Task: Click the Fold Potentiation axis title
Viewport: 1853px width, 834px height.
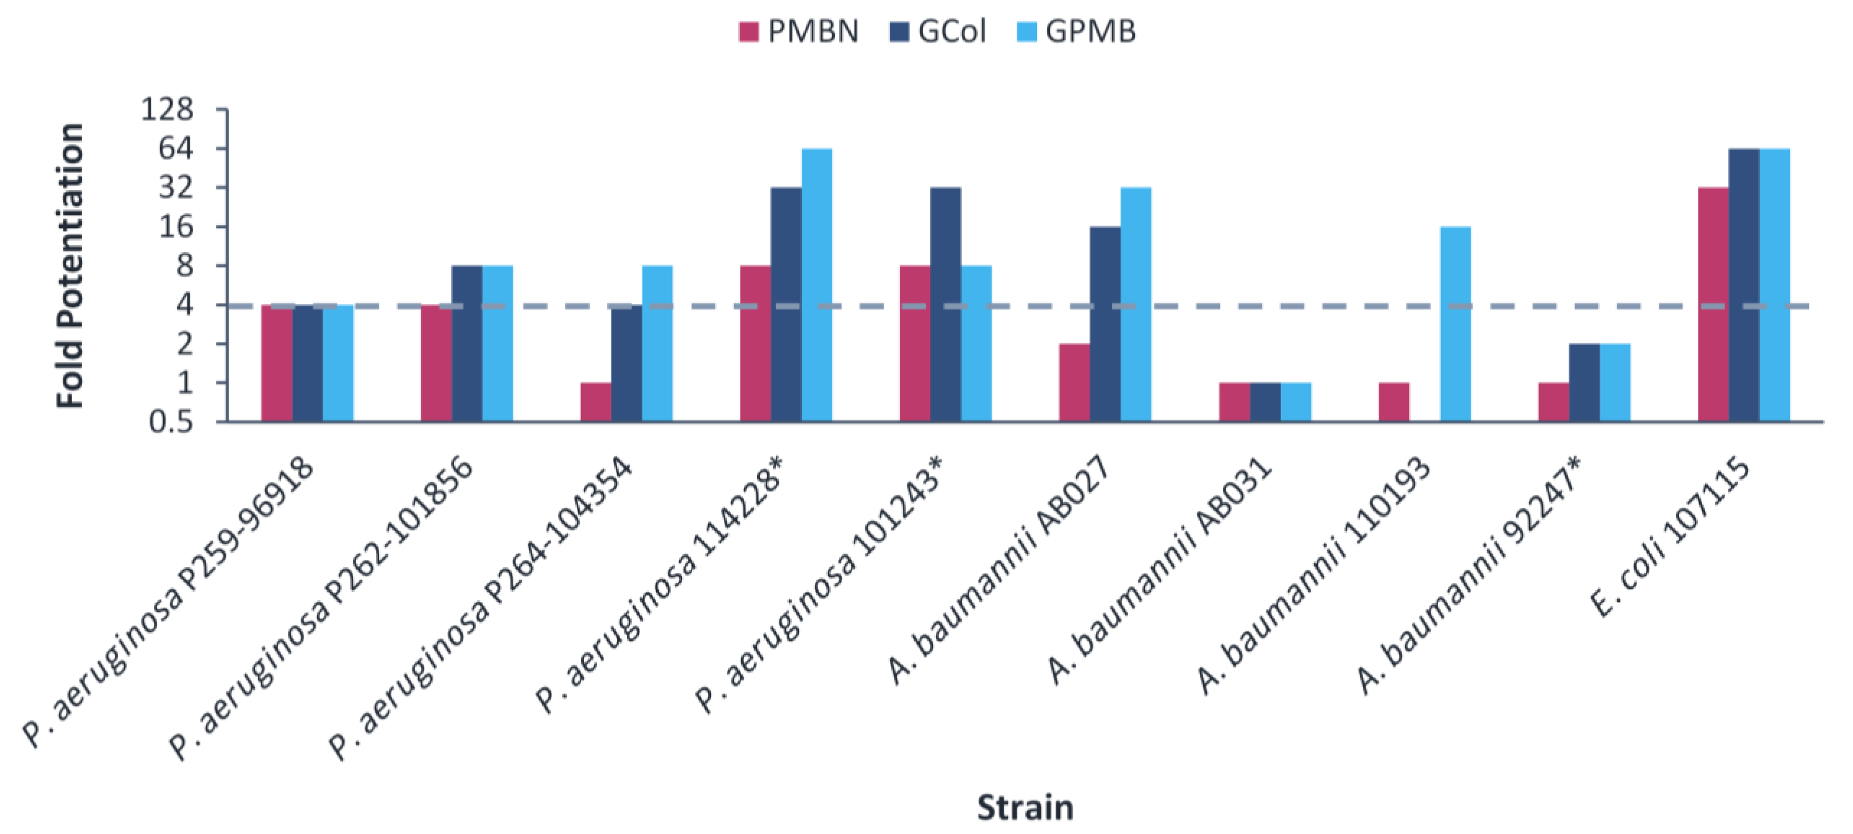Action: (x=71, y=266)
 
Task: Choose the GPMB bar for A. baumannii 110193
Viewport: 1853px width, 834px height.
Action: (x=1455, y=324)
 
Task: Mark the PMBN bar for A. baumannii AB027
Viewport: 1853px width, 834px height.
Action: (x=1074, y=382)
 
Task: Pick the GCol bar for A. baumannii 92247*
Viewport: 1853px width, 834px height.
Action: (x=1584, y=382)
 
